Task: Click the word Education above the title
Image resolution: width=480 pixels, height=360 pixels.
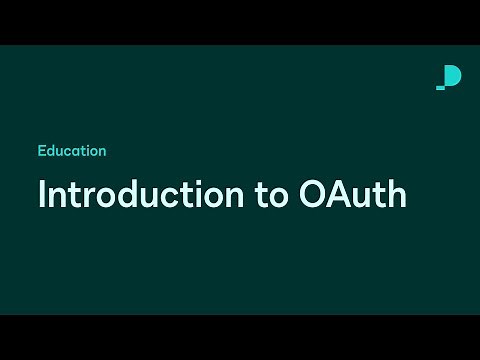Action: coord(72,151)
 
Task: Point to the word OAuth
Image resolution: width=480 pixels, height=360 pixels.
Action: coord(352,194)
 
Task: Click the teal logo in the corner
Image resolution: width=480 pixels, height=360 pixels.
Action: coord(449,77)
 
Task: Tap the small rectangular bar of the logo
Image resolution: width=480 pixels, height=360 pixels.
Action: coord(441,87)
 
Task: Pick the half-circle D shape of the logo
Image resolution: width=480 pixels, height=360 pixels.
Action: coord(453,76)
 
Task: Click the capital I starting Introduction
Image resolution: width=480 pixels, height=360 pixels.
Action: coord(42,194)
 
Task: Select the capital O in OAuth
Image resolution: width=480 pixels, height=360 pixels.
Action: coord(314,194)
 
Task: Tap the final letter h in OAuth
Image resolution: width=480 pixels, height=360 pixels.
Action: coord(397,194)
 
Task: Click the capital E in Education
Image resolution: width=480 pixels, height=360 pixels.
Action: coord(42,151)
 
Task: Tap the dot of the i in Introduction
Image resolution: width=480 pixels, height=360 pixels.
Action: coord(203,181)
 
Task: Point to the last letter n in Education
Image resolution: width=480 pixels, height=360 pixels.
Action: coord(102,152)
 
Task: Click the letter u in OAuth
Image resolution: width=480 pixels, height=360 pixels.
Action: coord(363,196)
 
